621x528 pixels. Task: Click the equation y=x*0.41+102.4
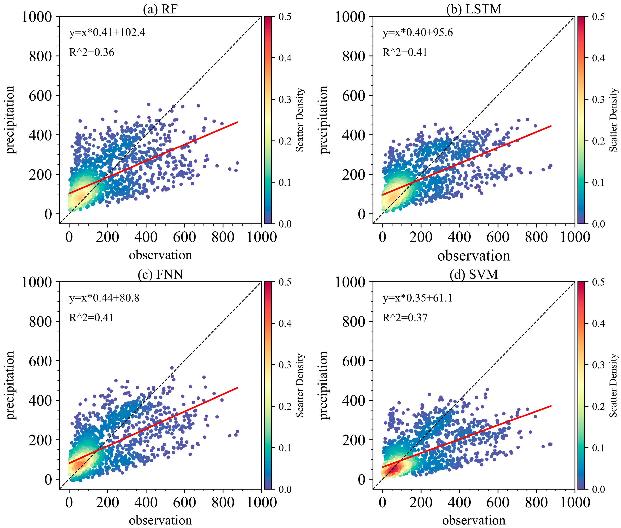[107, 32]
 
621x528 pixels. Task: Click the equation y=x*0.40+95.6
[418, 32]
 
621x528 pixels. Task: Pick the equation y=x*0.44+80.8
[104, 298]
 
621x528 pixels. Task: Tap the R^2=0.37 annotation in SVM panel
[405, 318]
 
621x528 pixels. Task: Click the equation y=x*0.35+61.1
[418, 298]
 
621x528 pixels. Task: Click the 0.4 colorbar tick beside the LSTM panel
[598, 58]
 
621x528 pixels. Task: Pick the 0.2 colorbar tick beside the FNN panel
[285, 406]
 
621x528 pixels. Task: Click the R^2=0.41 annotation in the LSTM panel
[405, 52]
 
